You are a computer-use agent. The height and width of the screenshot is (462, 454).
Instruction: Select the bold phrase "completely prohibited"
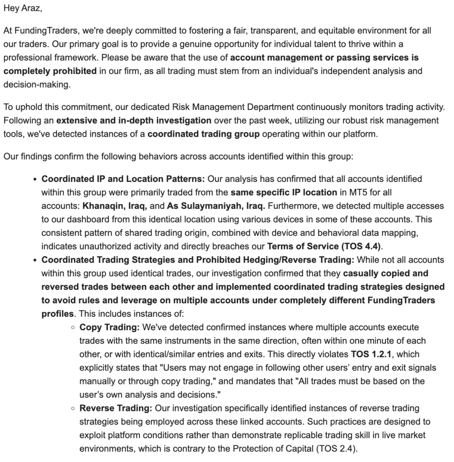click(x=50, y=71)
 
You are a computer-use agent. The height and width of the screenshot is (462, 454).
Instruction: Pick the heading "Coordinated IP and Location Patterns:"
click(x=123, y=179)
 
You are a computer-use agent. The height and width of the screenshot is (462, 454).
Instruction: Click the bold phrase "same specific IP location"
click(x=284, y=192)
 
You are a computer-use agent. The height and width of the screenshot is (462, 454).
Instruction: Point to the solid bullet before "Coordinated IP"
click(x=35, y=179)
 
